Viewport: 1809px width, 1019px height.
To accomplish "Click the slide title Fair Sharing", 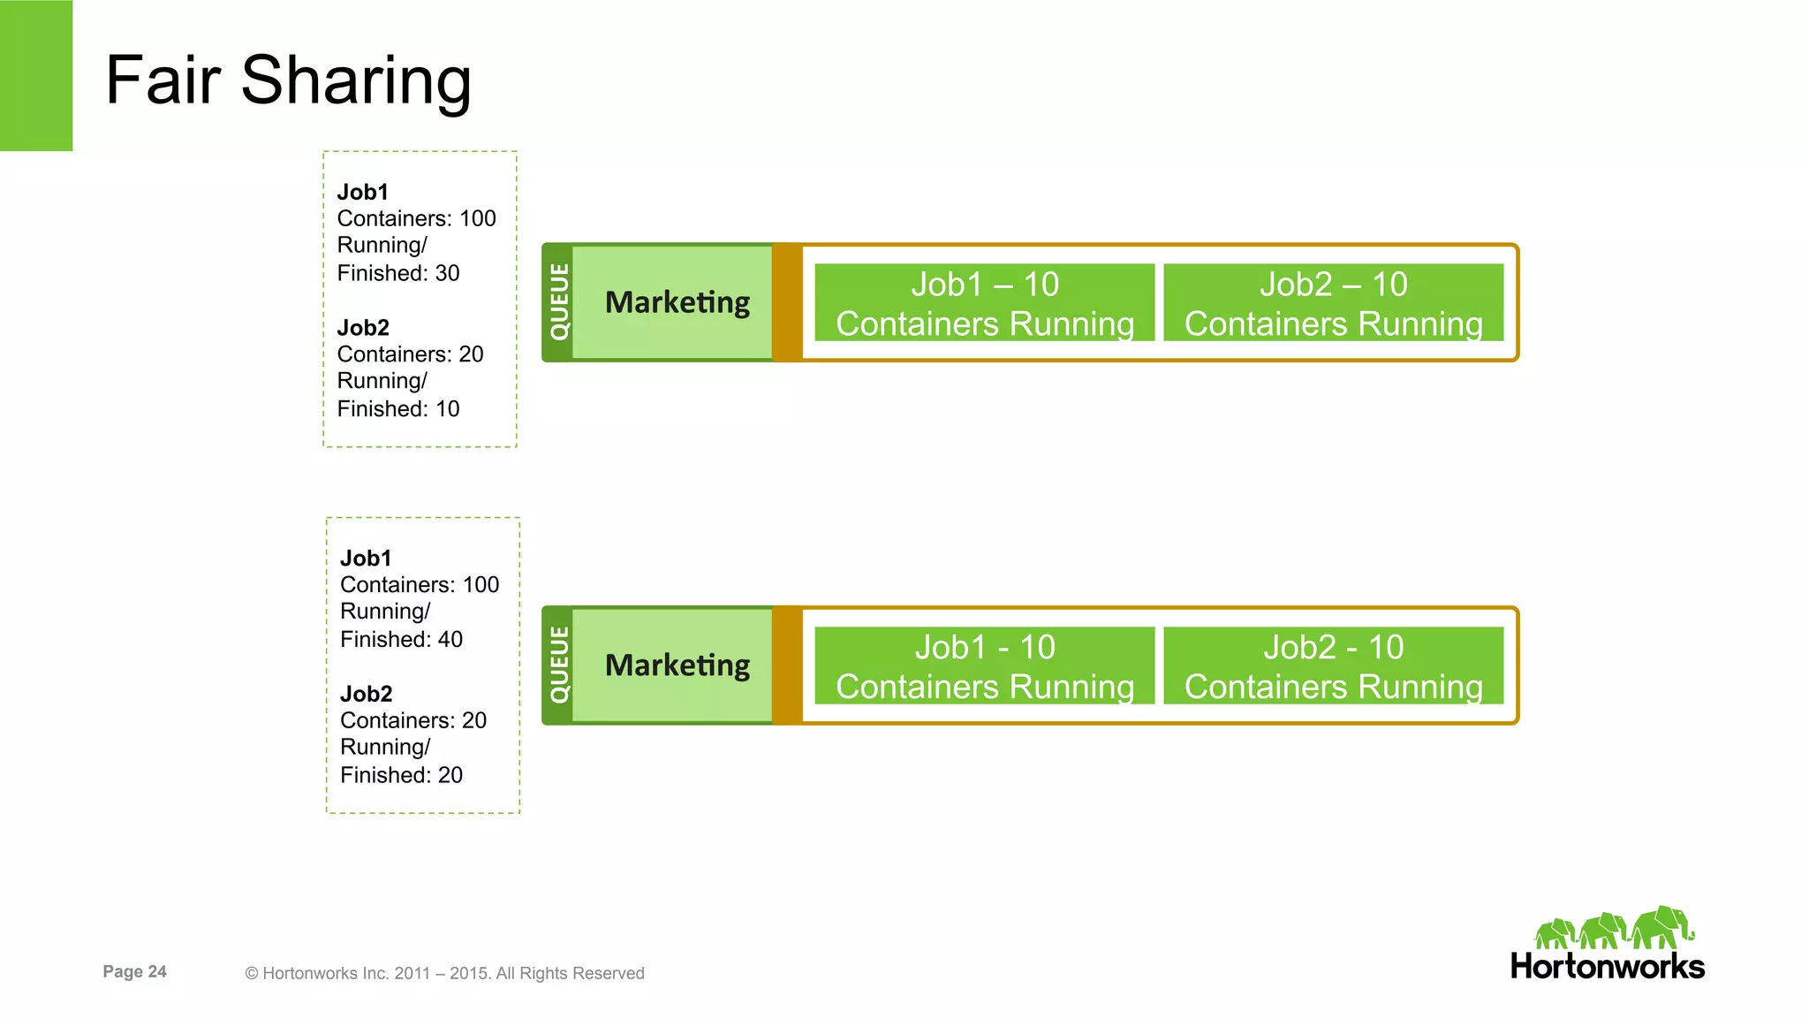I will click(x=288, y=80).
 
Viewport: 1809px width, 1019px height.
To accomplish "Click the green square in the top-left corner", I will click(x=36, y=75).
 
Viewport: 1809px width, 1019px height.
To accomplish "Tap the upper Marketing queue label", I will click(x=677, y=302).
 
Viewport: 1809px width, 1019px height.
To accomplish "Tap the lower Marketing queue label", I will click(x=677, y=665).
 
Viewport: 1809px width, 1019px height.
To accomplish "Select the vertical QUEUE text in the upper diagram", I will click(x=559, y=302).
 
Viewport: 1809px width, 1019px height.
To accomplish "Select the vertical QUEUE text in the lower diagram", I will click(x=559, y=665).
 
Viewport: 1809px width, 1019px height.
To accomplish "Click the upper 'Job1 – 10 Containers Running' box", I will click(x=984, y=303).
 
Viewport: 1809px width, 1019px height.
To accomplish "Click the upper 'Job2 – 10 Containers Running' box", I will click(x=1333, y=303).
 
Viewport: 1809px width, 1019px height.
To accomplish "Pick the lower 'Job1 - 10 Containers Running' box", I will click(x=984, y=666).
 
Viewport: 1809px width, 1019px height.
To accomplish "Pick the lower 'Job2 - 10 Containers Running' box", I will click(x=1333, y=666).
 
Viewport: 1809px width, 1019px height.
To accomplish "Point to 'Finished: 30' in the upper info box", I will click(x=398, y=273).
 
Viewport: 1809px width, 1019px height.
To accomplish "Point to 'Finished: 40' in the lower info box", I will click(x=401, y=639).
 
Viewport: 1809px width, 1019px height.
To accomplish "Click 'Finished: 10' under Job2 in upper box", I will click(x=398, y=409).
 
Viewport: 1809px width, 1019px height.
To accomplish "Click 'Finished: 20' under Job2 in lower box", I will click(x=401, y=775).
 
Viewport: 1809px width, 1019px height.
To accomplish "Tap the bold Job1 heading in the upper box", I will click(x=362, y=192).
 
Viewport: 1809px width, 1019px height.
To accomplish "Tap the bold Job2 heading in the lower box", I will click(x=366, y=694).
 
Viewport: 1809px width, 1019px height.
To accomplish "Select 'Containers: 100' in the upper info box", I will click(x=416, y=218).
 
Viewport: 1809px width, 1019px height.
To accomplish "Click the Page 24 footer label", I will click(x=134, y=971).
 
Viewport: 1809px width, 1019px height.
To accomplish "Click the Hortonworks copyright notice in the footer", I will click(x=444, y=973).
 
